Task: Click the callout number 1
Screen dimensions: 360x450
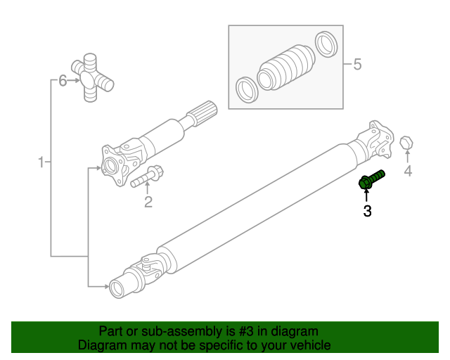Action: (41, 163)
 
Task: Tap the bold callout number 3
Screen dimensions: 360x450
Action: (367, 211)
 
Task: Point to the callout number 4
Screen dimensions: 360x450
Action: (407, 172)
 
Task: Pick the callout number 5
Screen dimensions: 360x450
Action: (356, 65)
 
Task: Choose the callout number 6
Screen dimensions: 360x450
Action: (63, 81)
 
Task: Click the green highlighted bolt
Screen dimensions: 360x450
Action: (371, 179)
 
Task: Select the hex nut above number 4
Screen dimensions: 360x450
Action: (406, 144)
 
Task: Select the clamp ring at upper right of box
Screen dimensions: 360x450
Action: (325, 44)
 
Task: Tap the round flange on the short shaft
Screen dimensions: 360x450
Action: (110, 166)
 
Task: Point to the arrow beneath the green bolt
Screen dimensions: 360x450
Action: (367, 195)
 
